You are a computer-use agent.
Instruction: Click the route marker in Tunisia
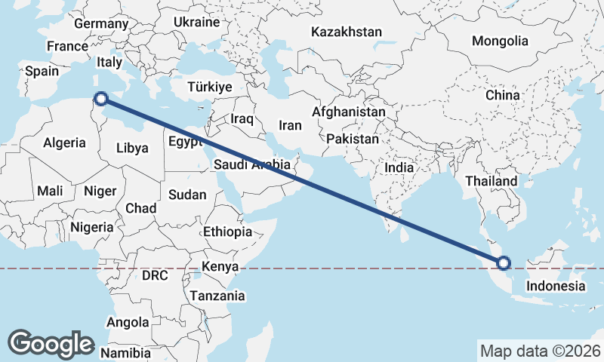coord(100,97)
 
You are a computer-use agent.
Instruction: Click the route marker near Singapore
coord(504,263)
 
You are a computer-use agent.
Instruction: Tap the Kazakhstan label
coord(347,32)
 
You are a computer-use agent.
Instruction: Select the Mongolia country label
coord(500,41)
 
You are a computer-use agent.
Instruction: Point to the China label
coord(503,96)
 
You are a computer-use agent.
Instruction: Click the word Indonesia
coord(556,286)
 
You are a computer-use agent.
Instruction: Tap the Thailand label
coord(492,181)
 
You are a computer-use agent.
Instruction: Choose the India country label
coord(400,167)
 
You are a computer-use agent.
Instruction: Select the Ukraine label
coord(196,23)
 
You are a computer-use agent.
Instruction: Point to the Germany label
coord(102,23)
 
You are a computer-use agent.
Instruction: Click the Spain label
coord(42,71)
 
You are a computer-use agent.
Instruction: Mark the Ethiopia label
coord(227,232)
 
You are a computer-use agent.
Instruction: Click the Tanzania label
coord(217,296)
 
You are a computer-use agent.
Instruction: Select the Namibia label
coord(126,353)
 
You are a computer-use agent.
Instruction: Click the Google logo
coord(51,343)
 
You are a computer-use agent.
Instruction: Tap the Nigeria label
coord(91,226)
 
